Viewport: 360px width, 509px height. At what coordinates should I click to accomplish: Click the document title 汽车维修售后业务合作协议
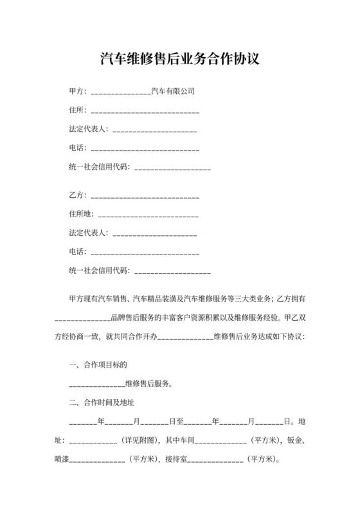click(x=179, y=60)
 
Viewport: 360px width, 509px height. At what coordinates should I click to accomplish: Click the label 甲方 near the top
click(x=76, y=91)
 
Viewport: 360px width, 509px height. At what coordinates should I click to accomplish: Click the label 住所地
click(x=80, y=213)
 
